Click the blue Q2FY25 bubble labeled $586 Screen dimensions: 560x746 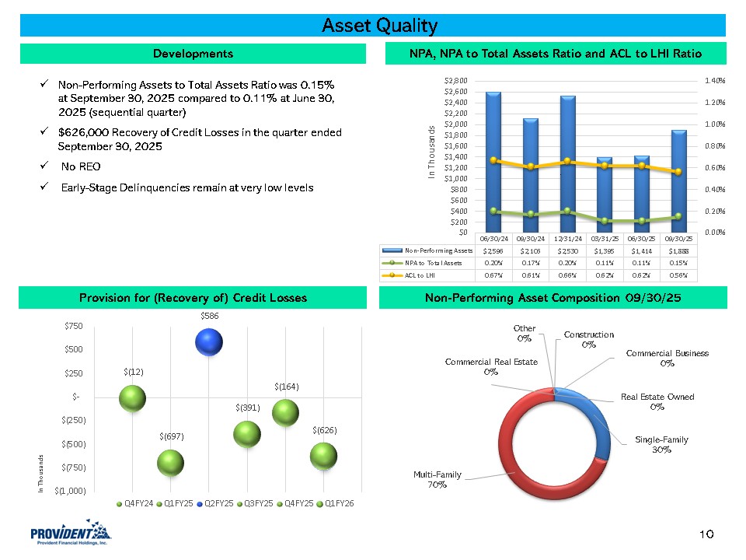coord(210,343)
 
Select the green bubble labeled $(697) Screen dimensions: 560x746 coord(170,464)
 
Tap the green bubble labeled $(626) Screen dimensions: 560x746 coord(323,457)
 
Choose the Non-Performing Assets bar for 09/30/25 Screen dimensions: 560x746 coord(679,180)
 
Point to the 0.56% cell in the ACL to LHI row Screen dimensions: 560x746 coord(679,275)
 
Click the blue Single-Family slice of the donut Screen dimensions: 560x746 coord(600,424)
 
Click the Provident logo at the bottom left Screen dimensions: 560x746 coord(71,534)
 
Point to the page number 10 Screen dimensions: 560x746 coord(706,534)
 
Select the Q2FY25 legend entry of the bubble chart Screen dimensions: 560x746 coord(218,503)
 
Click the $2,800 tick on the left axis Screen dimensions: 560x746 coord(455,80)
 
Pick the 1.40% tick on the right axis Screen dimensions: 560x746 coord(715,80)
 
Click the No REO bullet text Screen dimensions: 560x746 coord(80,166)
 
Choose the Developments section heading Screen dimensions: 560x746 coord(193,54)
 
